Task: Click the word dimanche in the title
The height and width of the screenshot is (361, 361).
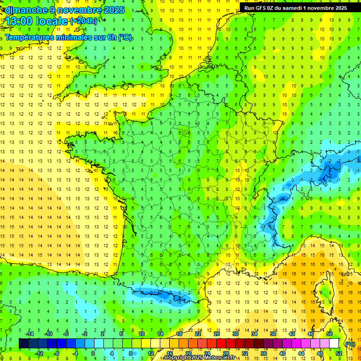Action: pos(24,10)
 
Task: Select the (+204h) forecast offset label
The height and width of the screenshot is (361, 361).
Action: pos(84,21)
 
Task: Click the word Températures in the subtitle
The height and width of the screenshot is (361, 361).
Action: pos(31,38)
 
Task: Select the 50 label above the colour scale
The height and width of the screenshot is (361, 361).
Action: pos(330,334)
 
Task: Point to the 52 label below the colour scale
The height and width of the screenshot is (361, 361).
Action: pos(339,353)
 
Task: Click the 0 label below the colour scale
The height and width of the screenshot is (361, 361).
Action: pos(93,353)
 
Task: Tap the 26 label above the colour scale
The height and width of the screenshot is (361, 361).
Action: pos(216,334)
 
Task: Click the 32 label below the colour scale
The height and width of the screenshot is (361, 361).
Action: pos(244,353)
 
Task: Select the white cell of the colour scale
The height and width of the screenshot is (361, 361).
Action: pos(334,343)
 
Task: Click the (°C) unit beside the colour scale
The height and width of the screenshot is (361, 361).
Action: pos(350,344)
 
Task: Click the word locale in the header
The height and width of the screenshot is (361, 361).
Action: pos(54,21)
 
